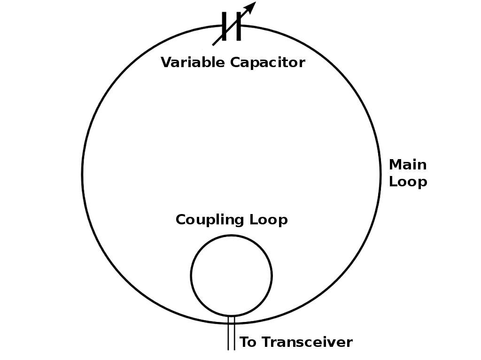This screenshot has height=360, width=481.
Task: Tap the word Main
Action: click(x=408, y=165)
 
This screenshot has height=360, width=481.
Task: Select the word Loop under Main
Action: click(x=408, y=182)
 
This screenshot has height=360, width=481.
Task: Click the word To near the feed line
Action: click(x=248, y=342)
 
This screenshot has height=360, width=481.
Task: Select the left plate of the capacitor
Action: click(x=225, y=26)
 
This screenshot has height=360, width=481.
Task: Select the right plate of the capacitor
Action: click(x=239, y=26)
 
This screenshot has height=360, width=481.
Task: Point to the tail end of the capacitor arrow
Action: click(x=214, y=44)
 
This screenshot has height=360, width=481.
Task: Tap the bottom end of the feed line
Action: click(x=231, y=349)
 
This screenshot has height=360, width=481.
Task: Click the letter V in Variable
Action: click(x=166, y=62)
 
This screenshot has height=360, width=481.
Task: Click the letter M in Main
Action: click(x=395, y=165)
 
